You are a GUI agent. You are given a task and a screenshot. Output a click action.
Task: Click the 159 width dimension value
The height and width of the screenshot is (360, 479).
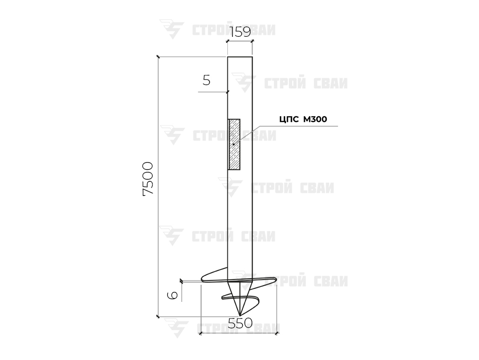(x=240, y=32)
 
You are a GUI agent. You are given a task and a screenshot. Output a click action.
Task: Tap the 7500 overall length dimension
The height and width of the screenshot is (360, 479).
(x=148, y=179)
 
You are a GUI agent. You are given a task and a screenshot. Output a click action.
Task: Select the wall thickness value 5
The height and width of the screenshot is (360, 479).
(x=207, y=80)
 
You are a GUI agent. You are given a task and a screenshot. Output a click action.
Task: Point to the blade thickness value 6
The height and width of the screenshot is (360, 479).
(x=173, y=295)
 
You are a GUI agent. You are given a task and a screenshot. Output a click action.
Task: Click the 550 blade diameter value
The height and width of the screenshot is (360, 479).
(x=240, y=323)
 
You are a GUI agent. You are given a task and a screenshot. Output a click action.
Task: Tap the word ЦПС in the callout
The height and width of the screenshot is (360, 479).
(x=289, y=119)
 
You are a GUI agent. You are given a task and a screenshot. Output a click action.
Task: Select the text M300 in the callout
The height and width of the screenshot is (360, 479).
(x=315, y=119)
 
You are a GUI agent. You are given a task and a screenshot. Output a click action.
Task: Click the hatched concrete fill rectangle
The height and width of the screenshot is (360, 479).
(x=234, y=144)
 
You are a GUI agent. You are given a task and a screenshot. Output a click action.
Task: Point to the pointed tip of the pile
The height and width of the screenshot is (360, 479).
(x=240, y=315)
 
